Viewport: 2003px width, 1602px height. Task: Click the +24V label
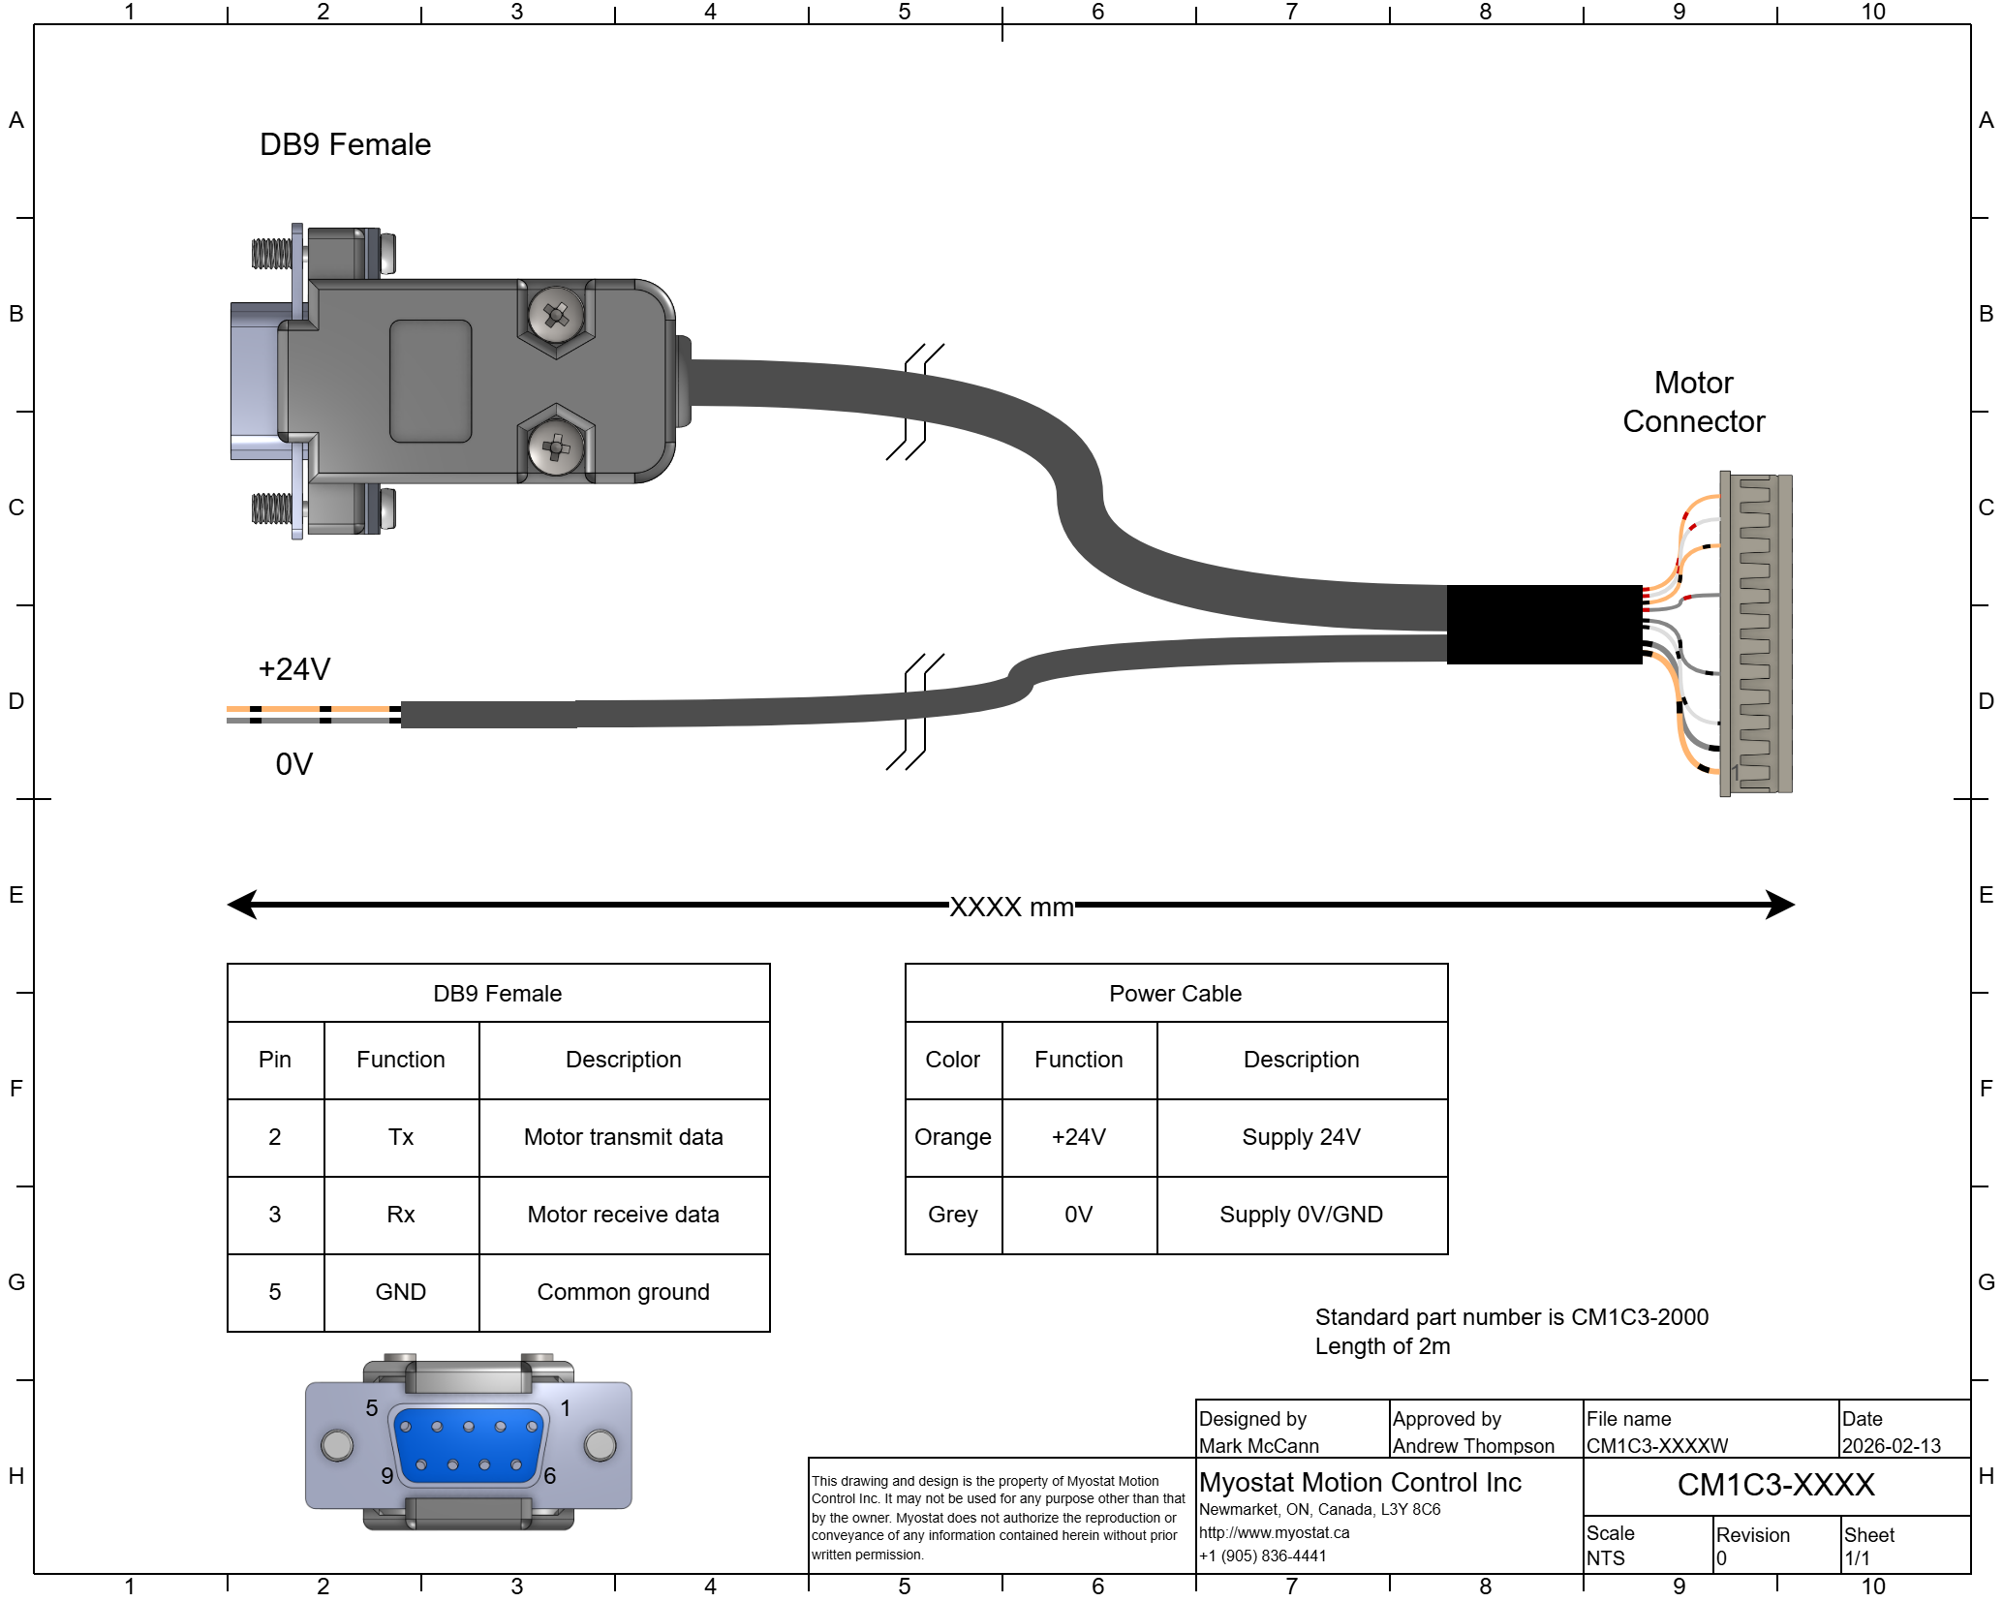click(294, 669)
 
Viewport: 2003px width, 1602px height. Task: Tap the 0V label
click(294, 765)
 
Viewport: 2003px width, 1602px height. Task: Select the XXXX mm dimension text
click(1011, 908)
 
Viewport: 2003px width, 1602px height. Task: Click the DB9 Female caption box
click(498, 993)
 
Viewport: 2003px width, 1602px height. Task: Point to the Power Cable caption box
click(1176, 993)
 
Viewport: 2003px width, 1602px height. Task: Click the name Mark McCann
click(1258, 1446)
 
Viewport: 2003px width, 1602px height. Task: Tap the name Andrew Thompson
click(1473, 1446)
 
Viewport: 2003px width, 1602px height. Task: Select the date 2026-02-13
click(1891, 1446)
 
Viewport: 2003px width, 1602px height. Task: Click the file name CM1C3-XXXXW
click(1657, 1446)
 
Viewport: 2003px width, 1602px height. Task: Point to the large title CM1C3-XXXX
click(1775, 1486)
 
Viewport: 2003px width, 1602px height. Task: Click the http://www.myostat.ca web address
click(1274, 1533)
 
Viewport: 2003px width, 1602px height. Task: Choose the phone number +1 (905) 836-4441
click(1262, 1556)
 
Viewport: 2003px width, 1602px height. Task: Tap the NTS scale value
click(1605, 1558)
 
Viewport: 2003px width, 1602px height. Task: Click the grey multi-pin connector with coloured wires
click(1755, 633)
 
